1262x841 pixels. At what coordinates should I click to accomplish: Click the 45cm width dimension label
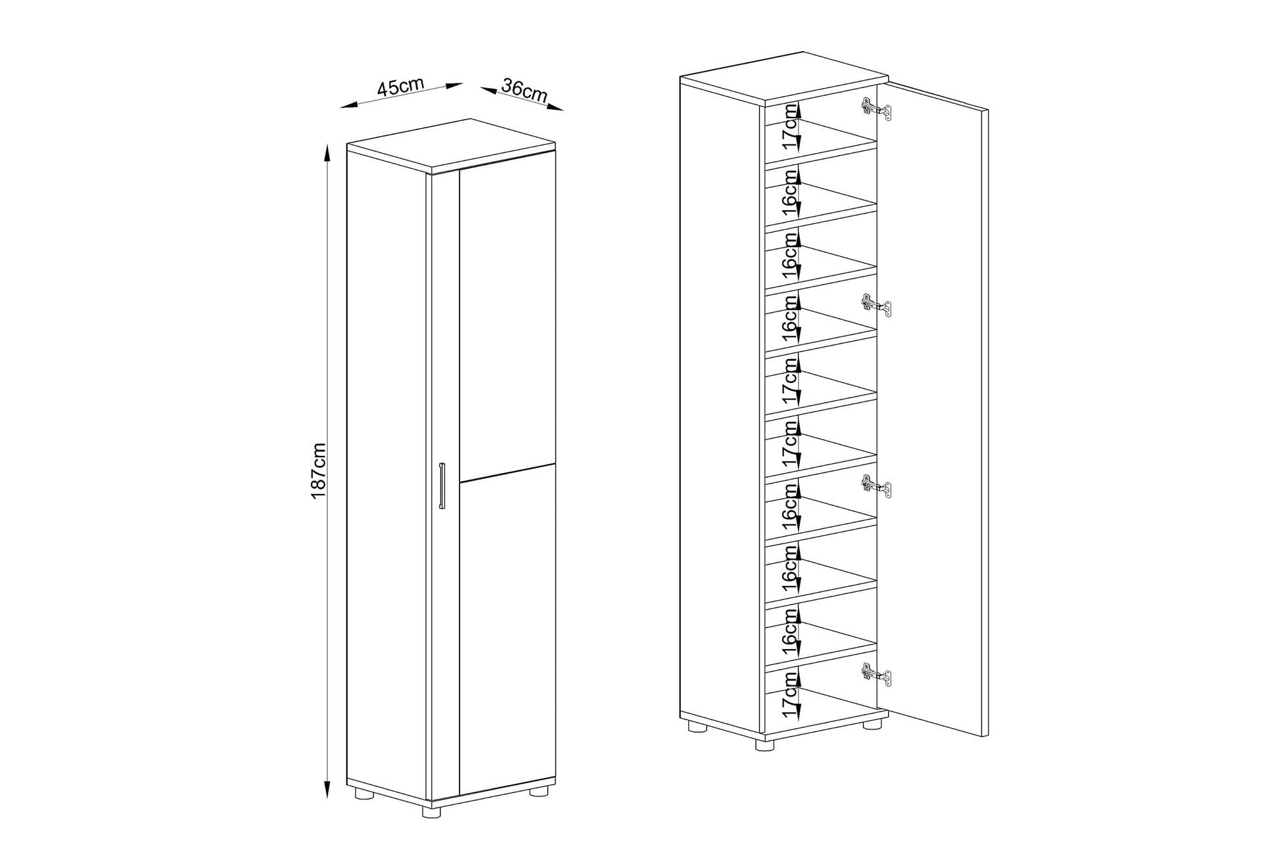tap(400, 87)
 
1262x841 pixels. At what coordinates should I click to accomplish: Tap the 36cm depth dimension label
tap(524, 89)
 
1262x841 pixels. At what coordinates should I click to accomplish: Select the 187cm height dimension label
tap(319, 470)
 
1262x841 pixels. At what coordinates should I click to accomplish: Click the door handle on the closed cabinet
tap(442, 486)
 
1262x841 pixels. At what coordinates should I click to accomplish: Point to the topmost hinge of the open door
tap(876, 108)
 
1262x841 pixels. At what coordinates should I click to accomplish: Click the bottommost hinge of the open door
tap(876, 674)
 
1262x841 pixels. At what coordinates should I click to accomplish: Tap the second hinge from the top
tap(876, 304)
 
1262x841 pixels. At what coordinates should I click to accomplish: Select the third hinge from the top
tap(876, 486)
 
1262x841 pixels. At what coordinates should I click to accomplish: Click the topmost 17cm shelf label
tap(789, 133)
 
